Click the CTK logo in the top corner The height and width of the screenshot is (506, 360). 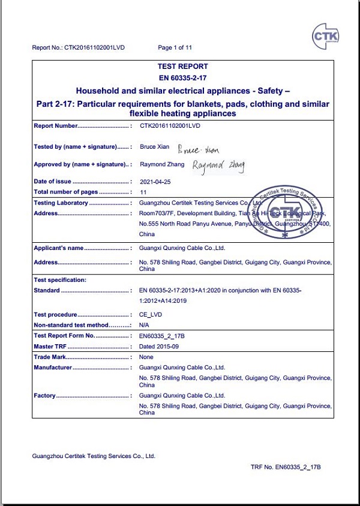tap(326, 37)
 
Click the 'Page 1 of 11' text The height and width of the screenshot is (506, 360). tap(175, 47)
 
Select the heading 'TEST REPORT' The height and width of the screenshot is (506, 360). tap(182, 67)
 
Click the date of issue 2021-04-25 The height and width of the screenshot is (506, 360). tap(155, 182)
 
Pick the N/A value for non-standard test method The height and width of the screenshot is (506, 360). tap(145, 325)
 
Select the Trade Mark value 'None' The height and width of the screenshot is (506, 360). tap(146, 357)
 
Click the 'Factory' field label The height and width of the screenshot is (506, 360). tap(45, 396)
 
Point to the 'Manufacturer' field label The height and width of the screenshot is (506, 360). tap(53, 368)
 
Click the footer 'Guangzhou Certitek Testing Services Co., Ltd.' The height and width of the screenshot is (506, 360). tap(94, 456)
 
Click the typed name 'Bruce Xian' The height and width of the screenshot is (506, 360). tap(155, 146)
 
